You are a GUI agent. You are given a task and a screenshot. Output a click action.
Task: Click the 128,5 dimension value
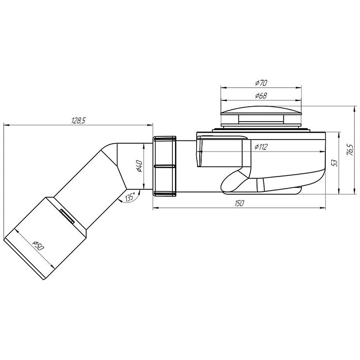click(78, 120)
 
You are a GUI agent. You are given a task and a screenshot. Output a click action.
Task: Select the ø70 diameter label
click(261, 83)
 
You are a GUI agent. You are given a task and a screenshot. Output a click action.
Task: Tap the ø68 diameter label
click(261, 96)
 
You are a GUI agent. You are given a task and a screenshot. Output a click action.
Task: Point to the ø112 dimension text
click(261, 147)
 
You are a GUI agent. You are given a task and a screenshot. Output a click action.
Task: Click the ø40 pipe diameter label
click(139, 167)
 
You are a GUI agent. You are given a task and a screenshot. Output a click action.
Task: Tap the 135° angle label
click(130, 198)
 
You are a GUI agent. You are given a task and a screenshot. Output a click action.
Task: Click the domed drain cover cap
click(261, 110)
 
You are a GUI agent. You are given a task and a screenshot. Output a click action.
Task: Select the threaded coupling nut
click(164, 166)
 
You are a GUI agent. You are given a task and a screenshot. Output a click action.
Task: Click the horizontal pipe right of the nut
click(185, 166)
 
